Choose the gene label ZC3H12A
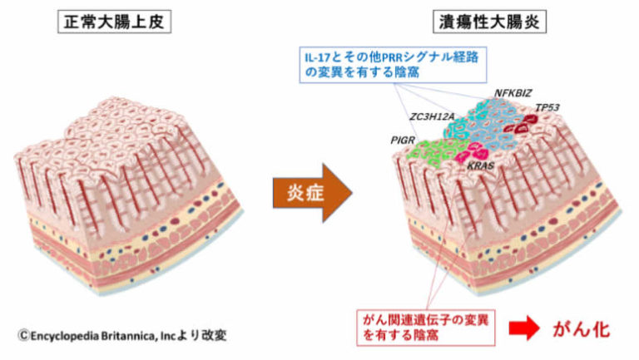pos(431,118)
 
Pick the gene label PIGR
pos(402,141)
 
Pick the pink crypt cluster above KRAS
pos(477,150)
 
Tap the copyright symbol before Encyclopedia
pos(24,334)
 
